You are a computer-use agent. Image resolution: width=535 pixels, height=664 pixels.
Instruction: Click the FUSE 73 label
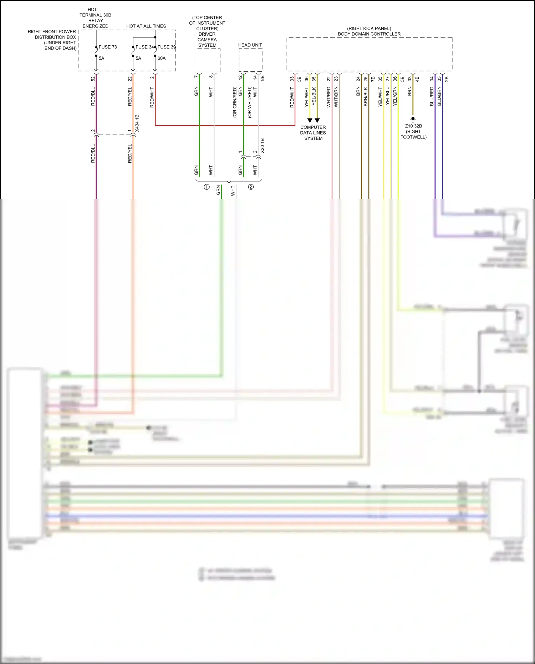pos(108,47)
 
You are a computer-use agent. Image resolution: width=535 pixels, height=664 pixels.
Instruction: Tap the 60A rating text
pos(162,58)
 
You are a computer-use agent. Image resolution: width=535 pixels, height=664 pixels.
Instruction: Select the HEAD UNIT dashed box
pos(250,60)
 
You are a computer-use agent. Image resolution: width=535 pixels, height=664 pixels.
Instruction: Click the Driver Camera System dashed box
pos(207,60)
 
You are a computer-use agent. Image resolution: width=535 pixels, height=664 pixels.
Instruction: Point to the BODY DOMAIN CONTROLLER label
pos(369,34)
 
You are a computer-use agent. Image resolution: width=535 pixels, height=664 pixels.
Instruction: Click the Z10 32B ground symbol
pos(413,119)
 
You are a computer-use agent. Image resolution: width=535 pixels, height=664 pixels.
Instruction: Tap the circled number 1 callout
pos(207,187)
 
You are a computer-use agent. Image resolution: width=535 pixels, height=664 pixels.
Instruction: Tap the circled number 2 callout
pos(251,187)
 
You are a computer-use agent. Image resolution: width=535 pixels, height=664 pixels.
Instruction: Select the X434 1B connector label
pos(137,123)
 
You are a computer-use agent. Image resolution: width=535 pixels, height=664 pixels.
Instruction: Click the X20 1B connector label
pos(263,146)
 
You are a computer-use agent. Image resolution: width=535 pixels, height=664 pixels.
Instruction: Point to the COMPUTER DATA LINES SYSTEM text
pos(313,133)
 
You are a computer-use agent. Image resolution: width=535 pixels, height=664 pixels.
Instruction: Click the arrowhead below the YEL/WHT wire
pos(310,120)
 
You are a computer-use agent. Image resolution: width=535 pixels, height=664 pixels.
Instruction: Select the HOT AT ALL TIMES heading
pos(146,26)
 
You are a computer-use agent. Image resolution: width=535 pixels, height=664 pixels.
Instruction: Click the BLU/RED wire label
pos(432,96)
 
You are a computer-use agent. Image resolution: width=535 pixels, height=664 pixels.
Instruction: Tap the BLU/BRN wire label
pos(439,96)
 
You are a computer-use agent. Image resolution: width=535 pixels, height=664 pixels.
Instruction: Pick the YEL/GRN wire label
pos(395,96)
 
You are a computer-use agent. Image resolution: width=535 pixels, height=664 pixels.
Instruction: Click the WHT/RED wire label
pos(329,97)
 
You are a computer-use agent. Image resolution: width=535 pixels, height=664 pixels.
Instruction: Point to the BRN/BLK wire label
pos(366,97)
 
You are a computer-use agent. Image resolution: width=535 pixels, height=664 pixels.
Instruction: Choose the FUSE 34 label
pos(144,47)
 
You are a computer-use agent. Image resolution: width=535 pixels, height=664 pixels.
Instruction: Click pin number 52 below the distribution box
pos(93,78)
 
